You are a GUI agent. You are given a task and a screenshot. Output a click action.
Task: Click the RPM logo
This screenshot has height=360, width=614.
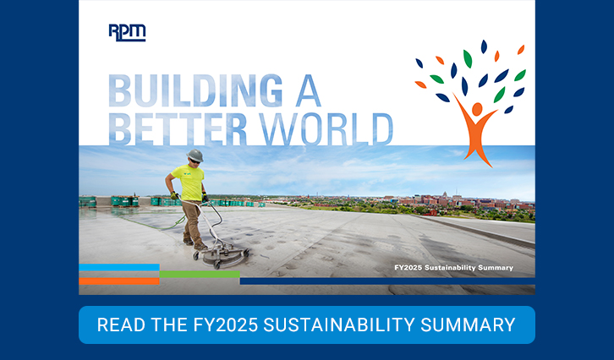127,32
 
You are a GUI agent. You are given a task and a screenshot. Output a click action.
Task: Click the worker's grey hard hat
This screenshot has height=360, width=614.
195,155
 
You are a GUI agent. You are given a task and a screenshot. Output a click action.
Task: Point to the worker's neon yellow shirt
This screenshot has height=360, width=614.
189,183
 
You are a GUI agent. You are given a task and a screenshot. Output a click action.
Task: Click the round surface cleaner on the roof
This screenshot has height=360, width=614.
219,254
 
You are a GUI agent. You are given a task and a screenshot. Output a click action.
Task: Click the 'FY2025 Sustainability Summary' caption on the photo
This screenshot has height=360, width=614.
453,268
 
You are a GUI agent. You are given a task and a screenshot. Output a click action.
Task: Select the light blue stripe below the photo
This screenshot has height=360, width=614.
119,267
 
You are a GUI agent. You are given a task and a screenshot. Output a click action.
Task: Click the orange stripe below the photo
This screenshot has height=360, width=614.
119,280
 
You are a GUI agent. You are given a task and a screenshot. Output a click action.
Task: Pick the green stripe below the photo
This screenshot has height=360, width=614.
199,274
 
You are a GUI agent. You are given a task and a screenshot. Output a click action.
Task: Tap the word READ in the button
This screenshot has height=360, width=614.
118,325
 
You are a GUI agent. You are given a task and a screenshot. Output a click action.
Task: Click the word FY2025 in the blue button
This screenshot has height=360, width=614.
221,325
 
